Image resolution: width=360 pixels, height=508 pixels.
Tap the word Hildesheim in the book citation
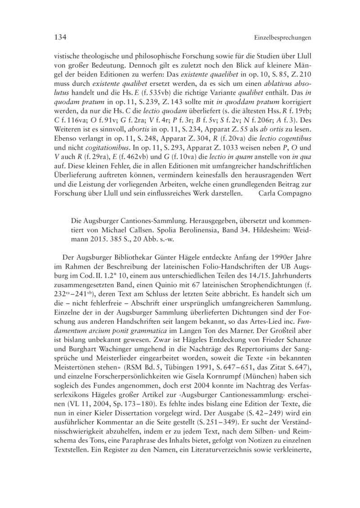click(x=270, y=230)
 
